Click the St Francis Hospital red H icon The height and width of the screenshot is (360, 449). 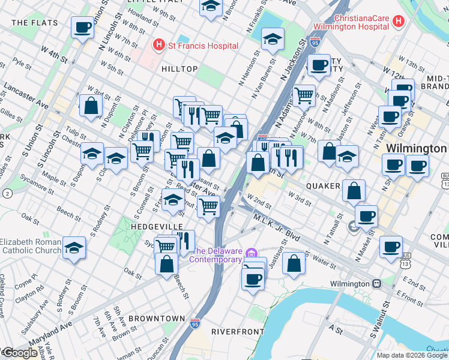click(x=158, y=45)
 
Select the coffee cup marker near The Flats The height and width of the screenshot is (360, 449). click(x=82, y=28)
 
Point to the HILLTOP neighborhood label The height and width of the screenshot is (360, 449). click(x=179, y=69)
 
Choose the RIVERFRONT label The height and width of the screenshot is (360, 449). click(x=237, y=331)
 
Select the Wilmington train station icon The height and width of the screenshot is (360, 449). click(x=376, y=284)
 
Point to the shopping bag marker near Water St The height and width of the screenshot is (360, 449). click(x=294, y=265)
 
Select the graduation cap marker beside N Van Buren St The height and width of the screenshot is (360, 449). click(x=273, y=40)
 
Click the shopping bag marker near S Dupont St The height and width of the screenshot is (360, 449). click(x=91, y=106)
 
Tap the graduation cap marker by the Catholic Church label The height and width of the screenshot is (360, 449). click(x=74, y=248)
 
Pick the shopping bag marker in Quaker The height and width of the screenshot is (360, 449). click(x=354, y=191)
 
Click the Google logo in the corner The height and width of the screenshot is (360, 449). click(x=20, y=353)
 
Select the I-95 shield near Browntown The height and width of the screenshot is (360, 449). click(x=194, y=323)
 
